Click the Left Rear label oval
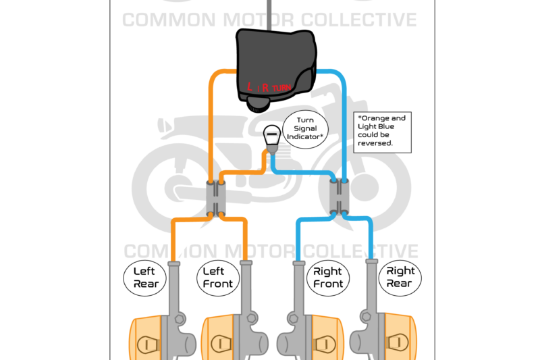click(144, 278)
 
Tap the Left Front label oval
click(218, 278)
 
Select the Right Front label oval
click(328, 278)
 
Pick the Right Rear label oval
click(401, 277)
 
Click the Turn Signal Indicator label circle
click(304, 128)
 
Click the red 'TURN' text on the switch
click(281, 88)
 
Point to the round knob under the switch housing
click(257, 103)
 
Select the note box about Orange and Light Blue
click(382, 130)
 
